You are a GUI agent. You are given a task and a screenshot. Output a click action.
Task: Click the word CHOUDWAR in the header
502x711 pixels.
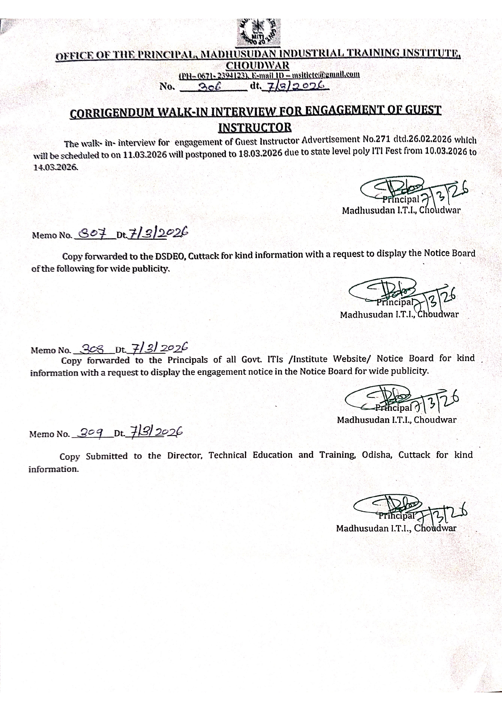[258, 65]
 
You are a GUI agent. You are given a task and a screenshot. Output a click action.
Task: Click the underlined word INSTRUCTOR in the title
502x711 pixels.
[255, 127]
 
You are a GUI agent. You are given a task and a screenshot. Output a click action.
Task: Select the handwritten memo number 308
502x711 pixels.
[93, 348]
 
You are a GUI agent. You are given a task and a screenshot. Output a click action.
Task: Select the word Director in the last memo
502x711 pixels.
[185, 455]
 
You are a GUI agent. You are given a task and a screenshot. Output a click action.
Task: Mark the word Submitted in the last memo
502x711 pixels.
[106, 456]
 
